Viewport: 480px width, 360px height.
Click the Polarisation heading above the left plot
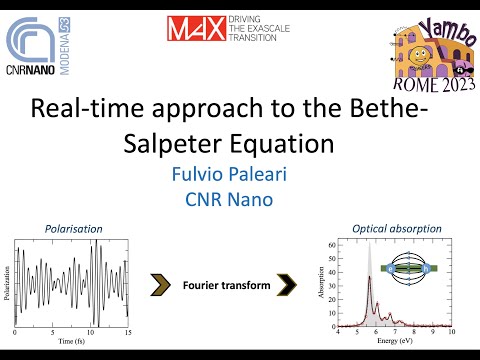tap(73, 228)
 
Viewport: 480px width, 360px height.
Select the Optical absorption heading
tap(397, 228)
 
